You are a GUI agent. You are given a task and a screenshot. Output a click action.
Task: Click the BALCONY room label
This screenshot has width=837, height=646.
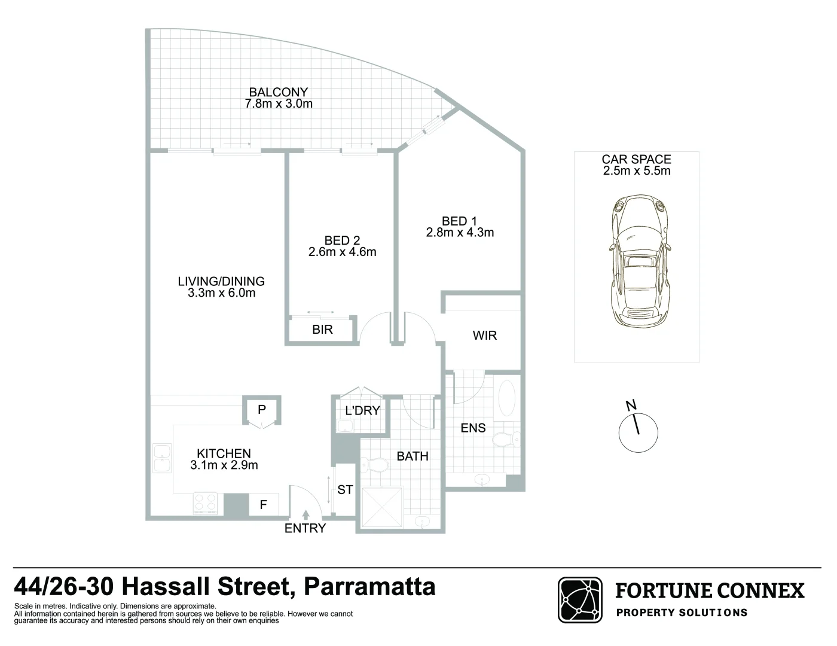[x=279, y=92]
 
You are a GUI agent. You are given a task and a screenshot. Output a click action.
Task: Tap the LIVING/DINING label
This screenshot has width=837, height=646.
[x=221, y=281]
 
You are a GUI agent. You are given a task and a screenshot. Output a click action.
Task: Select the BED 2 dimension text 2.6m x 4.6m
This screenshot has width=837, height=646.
[x=343, y=252]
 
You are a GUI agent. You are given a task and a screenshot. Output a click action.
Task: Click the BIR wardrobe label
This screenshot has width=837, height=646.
[x=322, y=330]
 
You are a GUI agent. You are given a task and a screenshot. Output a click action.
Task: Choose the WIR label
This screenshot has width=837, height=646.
[x=484, y=336]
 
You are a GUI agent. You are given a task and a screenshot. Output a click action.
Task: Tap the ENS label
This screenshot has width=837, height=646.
[x=473, y=428]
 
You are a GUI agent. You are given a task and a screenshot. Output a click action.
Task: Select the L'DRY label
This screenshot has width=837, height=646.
[x=363, y=410]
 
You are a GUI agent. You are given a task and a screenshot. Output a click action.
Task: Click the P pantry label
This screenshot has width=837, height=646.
[x=261, y=410]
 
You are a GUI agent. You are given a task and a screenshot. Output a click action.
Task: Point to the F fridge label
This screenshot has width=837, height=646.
[x=263, y=505]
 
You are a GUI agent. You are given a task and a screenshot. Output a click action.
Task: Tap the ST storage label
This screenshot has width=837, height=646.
[x=345, y=490]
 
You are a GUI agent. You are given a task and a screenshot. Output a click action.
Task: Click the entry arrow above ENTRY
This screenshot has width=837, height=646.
[x=306, y=514]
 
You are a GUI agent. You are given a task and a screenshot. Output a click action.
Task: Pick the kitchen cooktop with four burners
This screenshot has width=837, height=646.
[x=205, y=503]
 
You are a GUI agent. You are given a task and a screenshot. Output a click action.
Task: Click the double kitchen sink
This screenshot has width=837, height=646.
[x=161, y=459]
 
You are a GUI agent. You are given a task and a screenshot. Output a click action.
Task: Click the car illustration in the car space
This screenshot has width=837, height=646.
[x=637, y=262]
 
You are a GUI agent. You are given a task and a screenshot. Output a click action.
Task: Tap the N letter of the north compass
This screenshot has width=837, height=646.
[x=631, y=406]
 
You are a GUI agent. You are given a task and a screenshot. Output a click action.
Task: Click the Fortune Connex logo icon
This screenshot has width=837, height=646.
[x=581, y=600]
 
